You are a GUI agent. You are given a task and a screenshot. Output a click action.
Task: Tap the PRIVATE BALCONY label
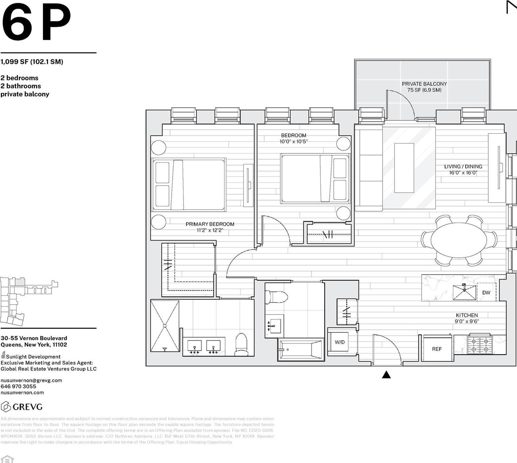point(424,84)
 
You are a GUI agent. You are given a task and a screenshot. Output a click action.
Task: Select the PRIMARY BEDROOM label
point(210,224)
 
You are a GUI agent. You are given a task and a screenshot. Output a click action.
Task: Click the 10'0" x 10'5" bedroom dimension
point(293,142)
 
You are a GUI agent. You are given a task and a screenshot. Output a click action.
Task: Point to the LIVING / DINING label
point(463,166)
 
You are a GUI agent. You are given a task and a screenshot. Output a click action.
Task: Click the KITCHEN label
point(466,315)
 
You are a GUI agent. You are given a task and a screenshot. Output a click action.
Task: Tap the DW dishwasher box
point(486,293)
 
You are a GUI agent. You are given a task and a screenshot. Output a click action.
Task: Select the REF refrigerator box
point(436,349)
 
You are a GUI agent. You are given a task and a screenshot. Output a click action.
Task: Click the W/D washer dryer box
point(339,342)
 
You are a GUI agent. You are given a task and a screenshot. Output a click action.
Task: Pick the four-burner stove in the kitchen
point(480,345)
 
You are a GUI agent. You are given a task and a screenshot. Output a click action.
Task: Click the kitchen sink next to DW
point(464,292)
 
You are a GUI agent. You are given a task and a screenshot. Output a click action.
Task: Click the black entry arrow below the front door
point(386,375)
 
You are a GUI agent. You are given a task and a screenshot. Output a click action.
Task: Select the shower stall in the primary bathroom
point(165,326)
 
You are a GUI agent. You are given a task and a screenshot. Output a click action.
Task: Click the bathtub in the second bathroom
point(301,350)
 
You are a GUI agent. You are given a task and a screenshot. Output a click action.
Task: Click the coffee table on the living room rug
point(404,168)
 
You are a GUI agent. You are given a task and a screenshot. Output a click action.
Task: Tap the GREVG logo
point(22,407)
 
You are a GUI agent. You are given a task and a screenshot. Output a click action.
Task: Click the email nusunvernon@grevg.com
point(31,380)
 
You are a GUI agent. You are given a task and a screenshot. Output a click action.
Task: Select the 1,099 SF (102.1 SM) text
point(32,62)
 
